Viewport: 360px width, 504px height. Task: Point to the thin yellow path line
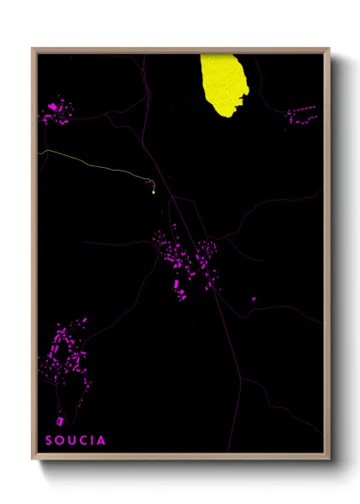[94, 161]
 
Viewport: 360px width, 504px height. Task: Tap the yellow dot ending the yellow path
[153, 192]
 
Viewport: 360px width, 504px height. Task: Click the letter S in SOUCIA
[49, 441]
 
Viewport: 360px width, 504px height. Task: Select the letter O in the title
[61, 441]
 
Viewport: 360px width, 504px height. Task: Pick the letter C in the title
[85, 441]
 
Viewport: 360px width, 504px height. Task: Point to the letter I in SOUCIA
[94, 441]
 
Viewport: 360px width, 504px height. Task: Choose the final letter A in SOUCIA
[103, 441]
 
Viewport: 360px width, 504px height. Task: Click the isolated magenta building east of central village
[254, 298]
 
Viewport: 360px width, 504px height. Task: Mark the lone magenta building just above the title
[60, 421]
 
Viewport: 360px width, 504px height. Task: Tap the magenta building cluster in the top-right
[301, 113]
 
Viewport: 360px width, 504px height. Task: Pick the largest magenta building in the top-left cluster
[53, 106]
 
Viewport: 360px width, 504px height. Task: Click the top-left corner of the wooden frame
[33, 49]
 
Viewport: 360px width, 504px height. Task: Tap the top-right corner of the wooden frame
[329, 49]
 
